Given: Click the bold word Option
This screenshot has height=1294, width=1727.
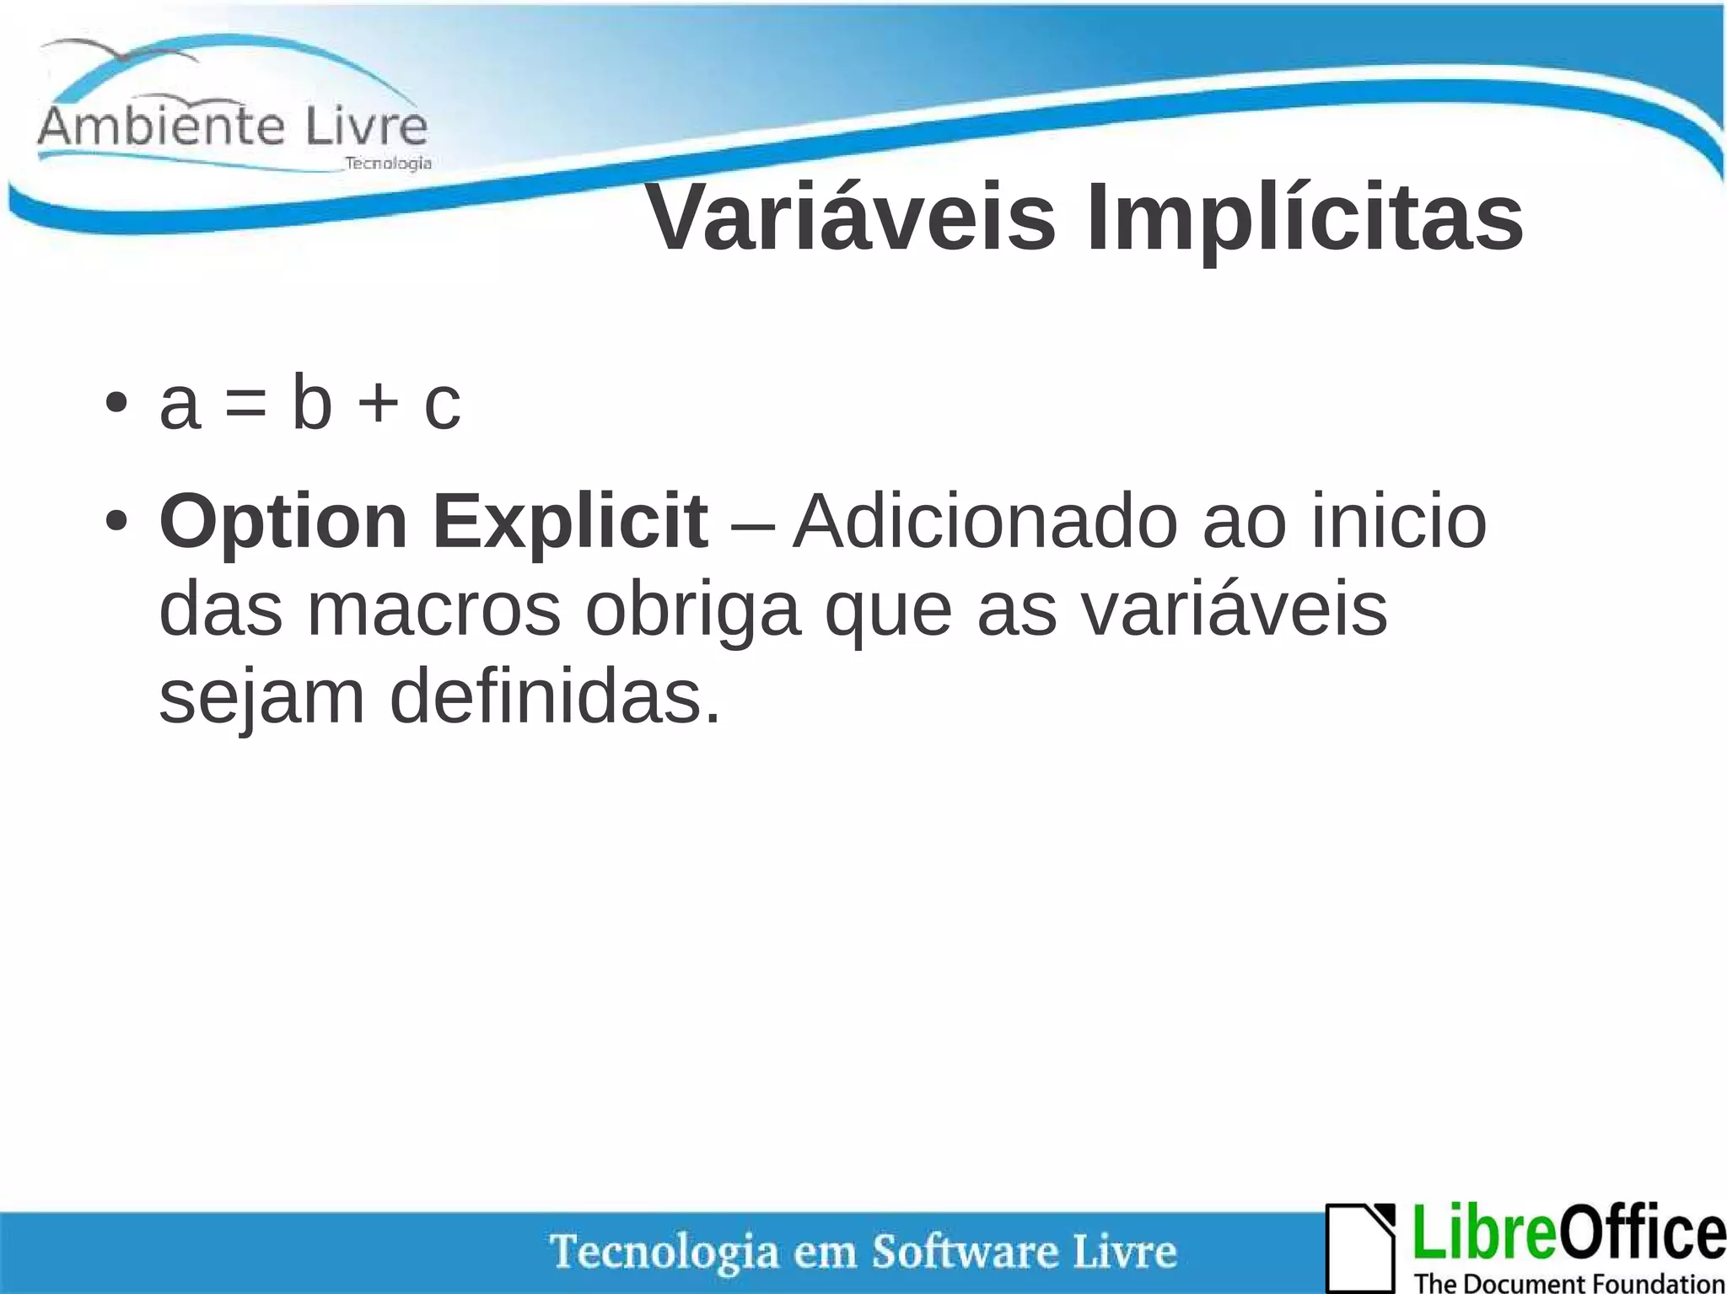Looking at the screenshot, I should [x=283, y=524].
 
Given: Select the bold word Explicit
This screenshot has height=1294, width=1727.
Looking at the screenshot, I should [x=570, y=522].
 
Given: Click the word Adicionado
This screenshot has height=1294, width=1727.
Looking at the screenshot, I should [x=984, y=522].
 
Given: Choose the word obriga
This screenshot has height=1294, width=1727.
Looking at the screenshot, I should [x=692, y=611].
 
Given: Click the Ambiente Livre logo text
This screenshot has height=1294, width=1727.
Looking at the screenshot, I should [x=233, y=126].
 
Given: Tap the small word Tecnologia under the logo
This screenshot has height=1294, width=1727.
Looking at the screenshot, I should [x=388, y=163].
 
